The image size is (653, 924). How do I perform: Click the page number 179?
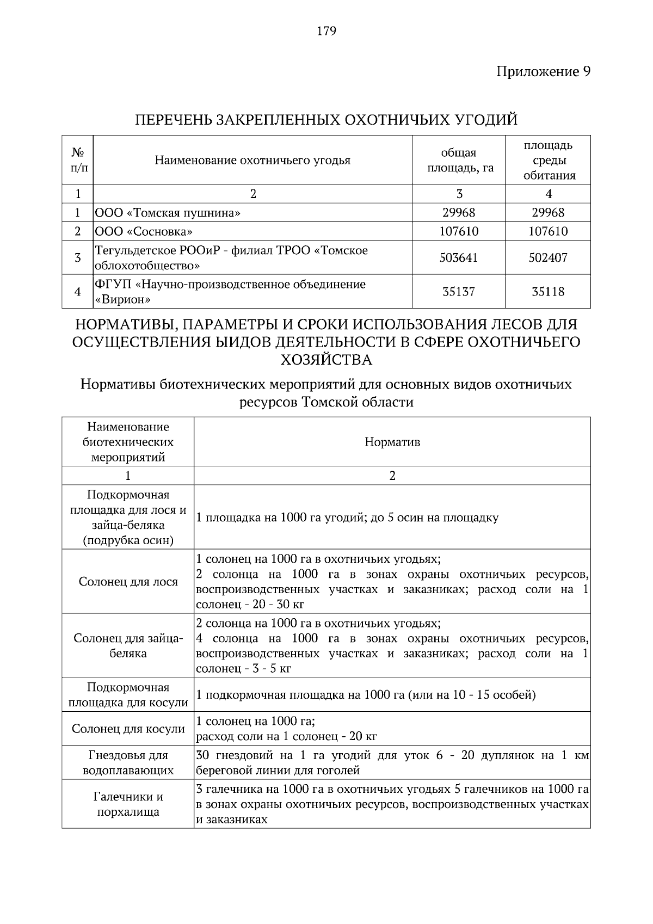[326, 31]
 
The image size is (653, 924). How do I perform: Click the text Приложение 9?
[543, 71]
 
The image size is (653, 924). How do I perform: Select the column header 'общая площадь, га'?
[459, 160]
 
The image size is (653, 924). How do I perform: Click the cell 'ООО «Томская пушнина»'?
[168, 213]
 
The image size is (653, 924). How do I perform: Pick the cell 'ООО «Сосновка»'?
[144, 232]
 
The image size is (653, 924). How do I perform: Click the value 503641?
[458, 258]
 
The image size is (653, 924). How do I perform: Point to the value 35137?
[458, 292]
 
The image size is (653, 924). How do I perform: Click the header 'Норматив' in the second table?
[392, 442]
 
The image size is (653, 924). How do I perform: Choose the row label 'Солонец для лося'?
[128, 582]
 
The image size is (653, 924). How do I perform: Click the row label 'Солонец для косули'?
[128, 729]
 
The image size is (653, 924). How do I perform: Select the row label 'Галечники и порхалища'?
[128, 804]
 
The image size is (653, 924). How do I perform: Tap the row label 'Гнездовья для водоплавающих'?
[128, 762]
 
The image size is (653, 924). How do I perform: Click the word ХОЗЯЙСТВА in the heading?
[326, 360]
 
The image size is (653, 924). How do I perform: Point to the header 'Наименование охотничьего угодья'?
[252, 160]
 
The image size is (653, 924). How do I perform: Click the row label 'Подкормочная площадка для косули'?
[128, 695]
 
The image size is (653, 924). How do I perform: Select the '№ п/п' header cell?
[78, 160]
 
